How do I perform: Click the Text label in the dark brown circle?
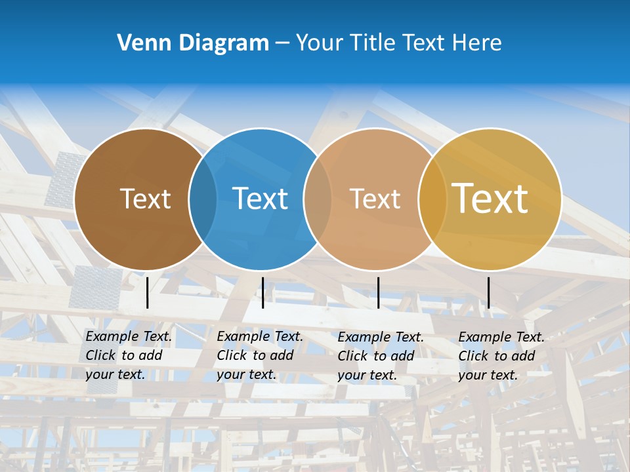point(145,199)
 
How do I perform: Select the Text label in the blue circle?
point(261,199)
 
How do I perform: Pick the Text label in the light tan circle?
point(375,199)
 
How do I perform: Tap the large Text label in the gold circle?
point(490,198)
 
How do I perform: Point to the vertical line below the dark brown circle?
point(148,292)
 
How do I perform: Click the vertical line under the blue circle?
point(262,292)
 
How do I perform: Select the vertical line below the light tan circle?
point(378,292)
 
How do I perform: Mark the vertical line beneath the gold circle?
point(489,292)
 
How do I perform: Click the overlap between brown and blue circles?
point(203,199)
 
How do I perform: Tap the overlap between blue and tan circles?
point(318,199)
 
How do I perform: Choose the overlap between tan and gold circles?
point(431,199)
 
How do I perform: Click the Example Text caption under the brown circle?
point(129,355)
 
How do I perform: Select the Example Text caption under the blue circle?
point(260,355)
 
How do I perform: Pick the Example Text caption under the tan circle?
point(381,356)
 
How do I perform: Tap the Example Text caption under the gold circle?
point(501,356)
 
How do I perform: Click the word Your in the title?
point(319,43)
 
